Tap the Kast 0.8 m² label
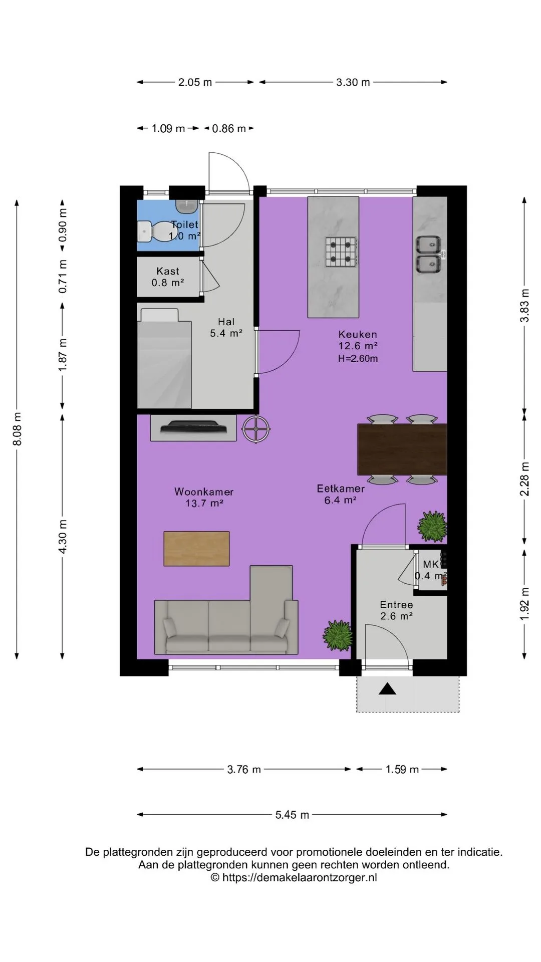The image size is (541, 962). pos(168,277)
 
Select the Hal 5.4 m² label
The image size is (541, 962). pos(226,327)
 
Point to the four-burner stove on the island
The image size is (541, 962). pos(342,252)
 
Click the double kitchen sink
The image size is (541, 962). pos(429,255)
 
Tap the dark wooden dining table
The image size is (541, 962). pos(402,449)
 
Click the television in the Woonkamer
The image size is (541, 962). pos(194,427)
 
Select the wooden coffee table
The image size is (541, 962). pos(197,549)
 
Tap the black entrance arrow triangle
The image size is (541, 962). pos(387,689)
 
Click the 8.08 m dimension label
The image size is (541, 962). pos(17,429)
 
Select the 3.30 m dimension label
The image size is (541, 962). pos(353,82)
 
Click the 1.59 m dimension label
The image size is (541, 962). pos(402,769)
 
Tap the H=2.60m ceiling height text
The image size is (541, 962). pos(358,358)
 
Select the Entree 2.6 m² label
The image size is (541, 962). pos(396,611)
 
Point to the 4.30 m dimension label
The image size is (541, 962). pos(63,537)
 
